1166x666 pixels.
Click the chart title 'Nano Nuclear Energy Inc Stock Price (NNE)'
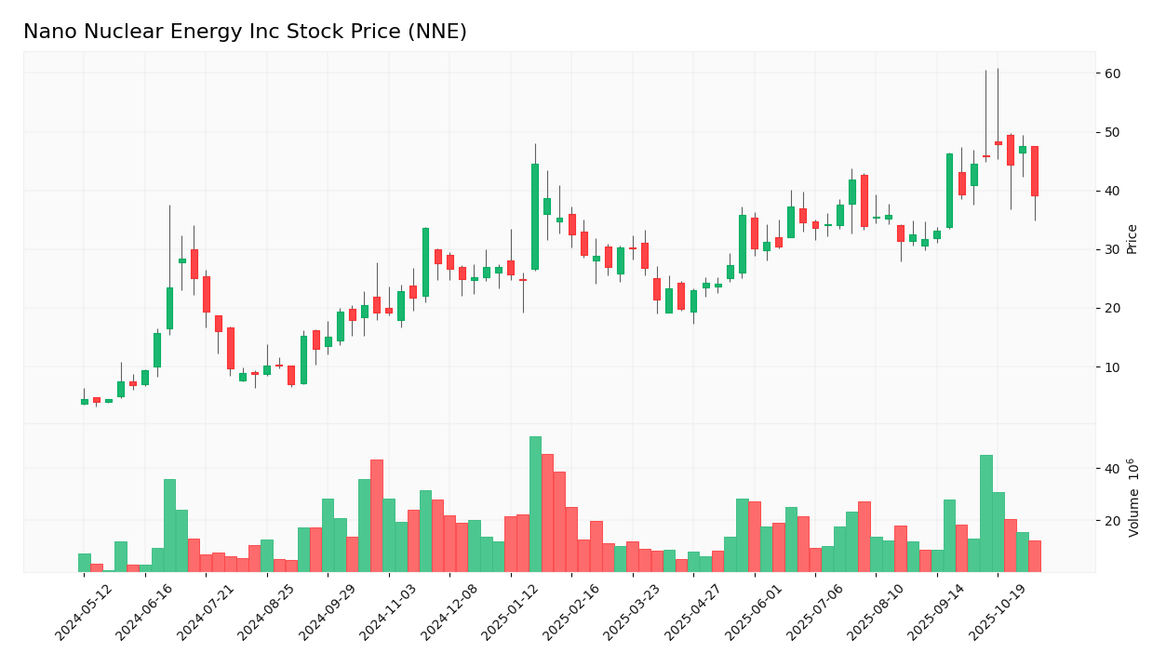pyautogui.click(x=245, y=33)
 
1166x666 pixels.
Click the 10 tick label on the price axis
pyautogui.click(x=1112, y=367)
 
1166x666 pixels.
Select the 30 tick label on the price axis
pyautogui.click(x=1112, y=250)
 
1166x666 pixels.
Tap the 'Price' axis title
pyautogui.click(x=1132, y=239)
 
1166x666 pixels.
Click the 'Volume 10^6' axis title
pyautogui.click(x=1133, y=498)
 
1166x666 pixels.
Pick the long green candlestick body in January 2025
pyautogui.click(x=535, y=217)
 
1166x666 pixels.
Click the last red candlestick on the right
pyautogui.click(x=1034, y=171)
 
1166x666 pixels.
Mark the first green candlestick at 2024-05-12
pyautogui.click(x=85, y=402)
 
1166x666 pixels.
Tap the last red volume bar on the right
pyautogui.click(x=1034, y=556)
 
